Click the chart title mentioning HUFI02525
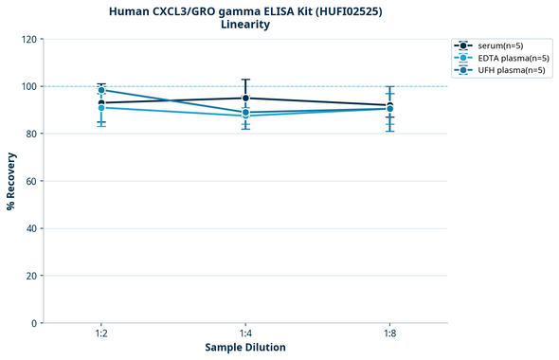[x=245, y=10]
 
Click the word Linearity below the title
[x=245, y=25]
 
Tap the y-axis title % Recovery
[x=11, y=180]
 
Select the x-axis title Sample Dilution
[x=245, y=347]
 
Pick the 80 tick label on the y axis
[x=29, y=134]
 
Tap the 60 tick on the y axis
[x=29, y=181]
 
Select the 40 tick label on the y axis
[x=29, y=228]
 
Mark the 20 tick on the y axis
[x=29, y=276]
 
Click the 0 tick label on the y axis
[x=32, y=323]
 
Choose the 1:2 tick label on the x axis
[x=101, y=333]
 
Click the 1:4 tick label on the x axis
[x=245, y=333]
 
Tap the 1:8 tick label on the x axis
[x=390, y=333]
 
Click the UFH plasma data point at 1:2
[x=101, y=90]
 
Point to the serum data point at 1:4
[x=245, y=98]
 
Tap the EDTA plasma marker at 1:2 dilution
[x=101, y=107]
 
